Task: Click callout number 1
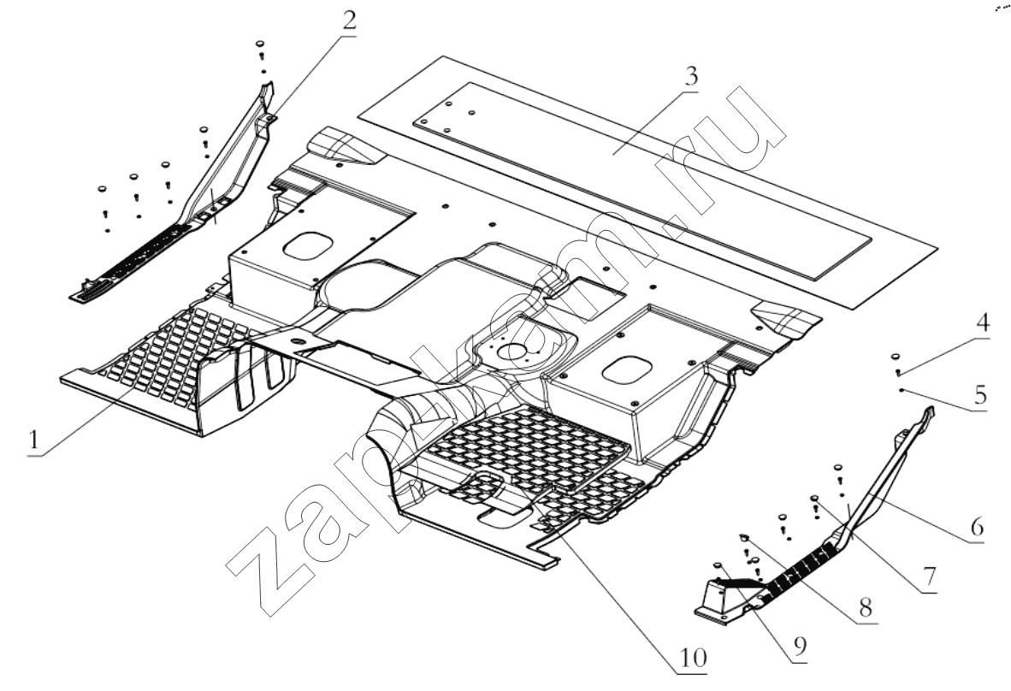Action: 33,441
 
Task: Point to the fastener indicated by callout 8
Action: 744,537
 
